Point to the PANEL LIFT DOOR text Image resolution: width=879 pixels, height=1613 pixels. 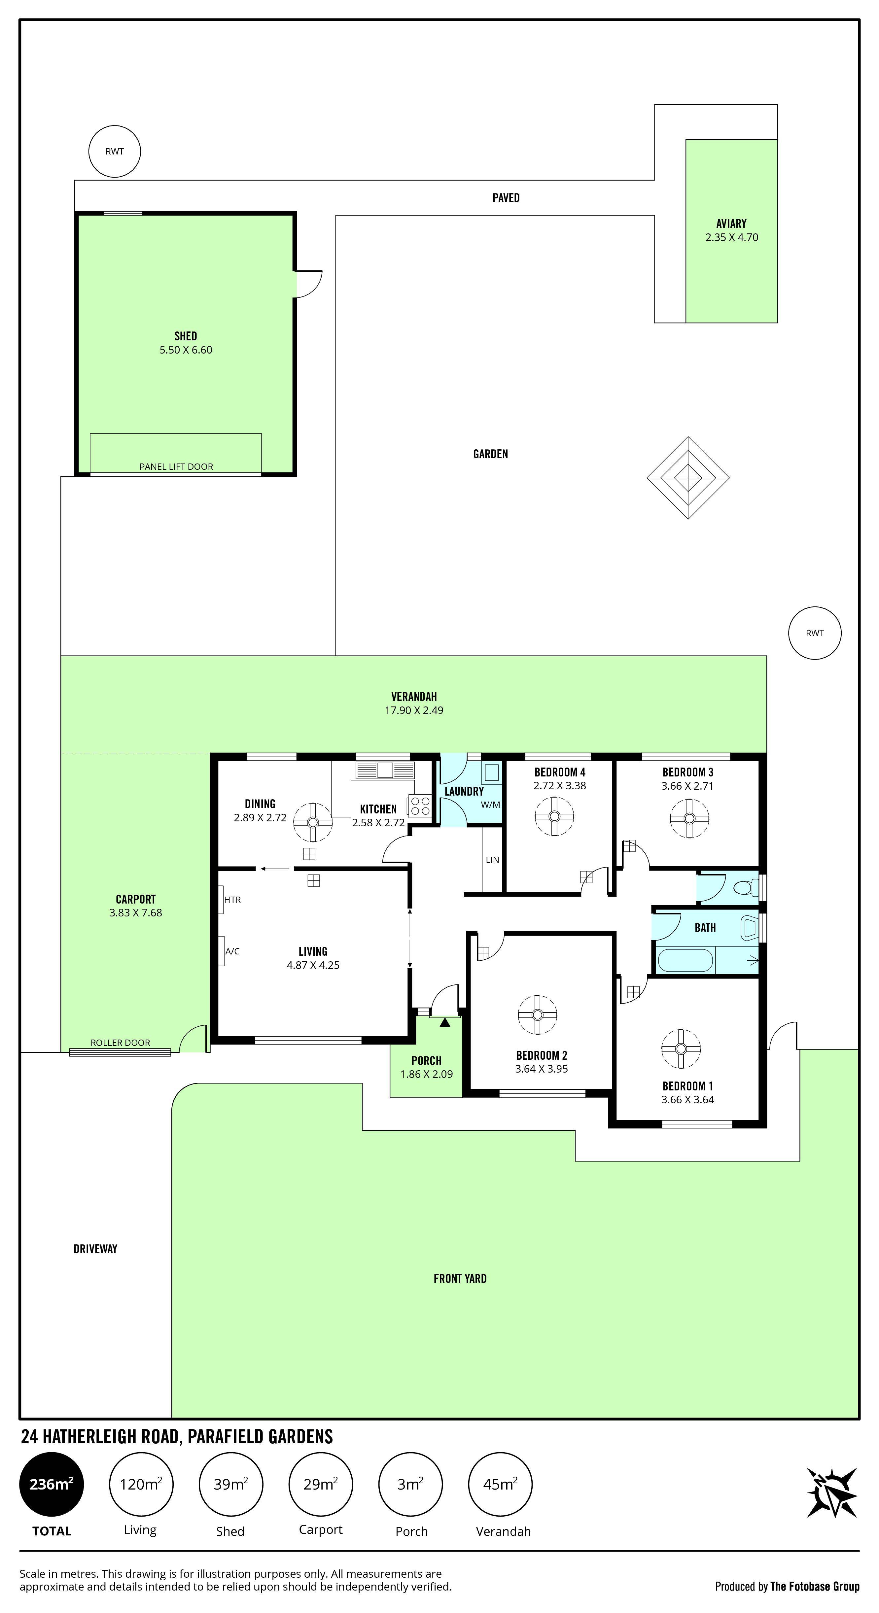point(176,466)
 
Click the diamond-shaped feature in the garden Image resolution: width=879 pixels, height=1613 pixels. point(688,478)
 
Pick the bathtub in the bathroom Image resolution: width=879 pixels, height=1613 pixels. point(685,960)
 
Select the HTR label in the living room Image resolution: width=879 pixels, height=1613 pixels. point(232,900)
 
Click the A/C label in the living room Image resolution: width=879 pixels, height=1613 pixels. point(232,951)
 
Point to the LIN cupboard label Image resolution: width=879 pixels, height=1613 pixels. point(492,860)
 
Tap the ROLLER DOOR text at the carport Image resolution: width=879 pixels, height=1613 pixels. point(120,1043)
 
